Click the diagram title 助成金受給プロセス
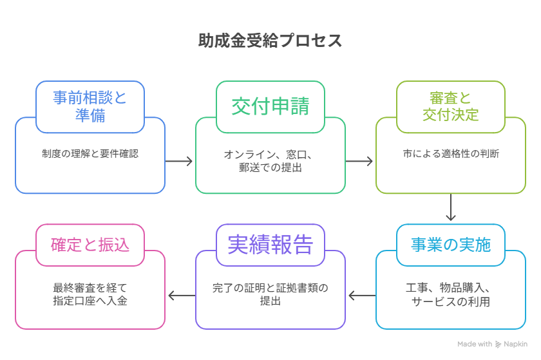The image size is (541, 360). click(270, 41)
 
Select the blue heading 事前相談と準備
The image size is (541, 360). click(90, 106)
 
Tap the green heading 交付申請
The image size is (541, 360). click(270, 106)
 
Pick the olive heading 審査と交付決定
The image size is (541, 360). click(451, 106)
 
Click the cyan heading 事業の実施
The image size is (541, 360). click(451, 245)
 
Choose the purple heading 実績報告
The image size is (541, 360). click(270, 245)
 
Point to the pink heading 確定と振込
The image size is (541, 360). click(90, 245)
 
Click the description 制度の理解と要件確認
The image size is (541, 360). click(90, 153)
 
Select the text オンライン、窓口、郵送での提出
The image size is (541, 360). click(270, 161)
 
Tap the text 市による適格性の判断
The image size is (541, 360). click(451, 153)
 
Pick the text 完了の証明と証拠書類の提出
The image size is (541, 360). click(270, 294)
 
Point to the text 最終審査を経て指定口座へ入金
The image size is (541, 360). click(90, 294)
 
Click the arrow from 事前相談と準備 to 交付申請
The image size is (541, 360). click(179, 161)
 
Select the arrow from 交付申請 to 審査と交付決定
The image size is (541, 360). click(359, 161)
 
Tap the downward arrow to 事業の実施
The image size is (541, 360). click(451, 207)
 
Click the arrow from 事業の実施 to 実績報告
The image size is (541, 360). click(362, 296)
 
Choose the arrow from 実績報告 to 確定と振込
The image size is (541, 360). click(182, 296)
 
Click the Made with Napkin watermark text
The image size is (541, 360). click(492, 344)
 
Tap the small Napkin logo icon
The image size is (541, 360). click(498, 344)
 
